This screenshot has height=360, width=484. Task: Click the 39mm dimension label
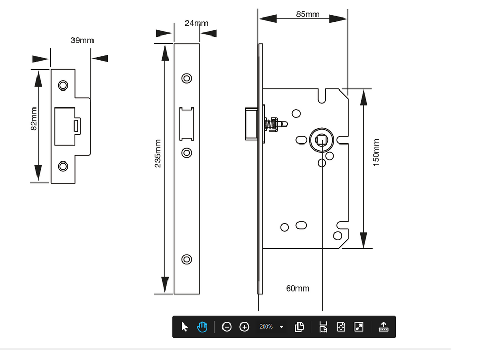pyautogui.click(x=82, y=40)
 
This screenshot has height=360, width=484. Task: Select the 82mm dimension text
pyautogui.click(x=34, y=119)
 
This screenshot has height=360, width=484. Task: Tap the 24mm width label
pyautogui.click(x=196, y=23)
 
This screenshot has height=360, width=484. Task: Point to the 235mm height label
pyautogui.click(x=158, y=153)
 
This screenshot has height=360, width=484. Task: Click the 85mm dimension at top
pyautogui.click(x=308, y=14)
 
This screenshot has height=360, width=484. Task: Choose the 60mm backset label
pyautogui.click(x=297, y=289)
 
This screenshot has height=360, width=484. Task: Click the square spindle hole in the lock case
pyautogui.click(x=322, y=138)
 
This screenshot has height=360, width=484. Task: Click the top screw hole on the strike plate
pyautogui.click(x=63, y=85)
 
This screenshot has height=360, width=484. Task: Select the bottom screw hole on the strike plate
pyautogui.click(x=63, y=166)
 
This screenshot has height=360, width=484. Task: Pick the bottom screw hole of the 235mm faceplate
pyautogui.click(x=187, y=259)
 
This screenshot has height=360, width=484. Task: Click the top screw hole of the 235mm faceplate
pyautogui.click(x=187, y=78)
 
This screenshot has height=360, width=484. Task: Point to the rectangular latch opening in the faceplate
pyautogui.click(x=187, y=124)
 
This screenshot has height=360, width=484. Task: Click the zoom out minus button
pyautogui.click(x=227, y=327)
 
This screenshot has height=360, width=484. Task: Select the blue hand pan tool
pyautogui.click(x=202, y=327)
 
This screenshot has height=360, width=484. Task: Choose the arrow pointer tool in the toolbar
pyautogui.click(x=185, y=327)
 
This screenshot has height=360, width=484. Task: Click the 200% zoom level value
pyautogui.click(x=266, y=327)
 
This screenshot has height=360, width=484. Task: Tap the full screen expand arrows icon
pyautogui.click(x=359, y=327)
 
